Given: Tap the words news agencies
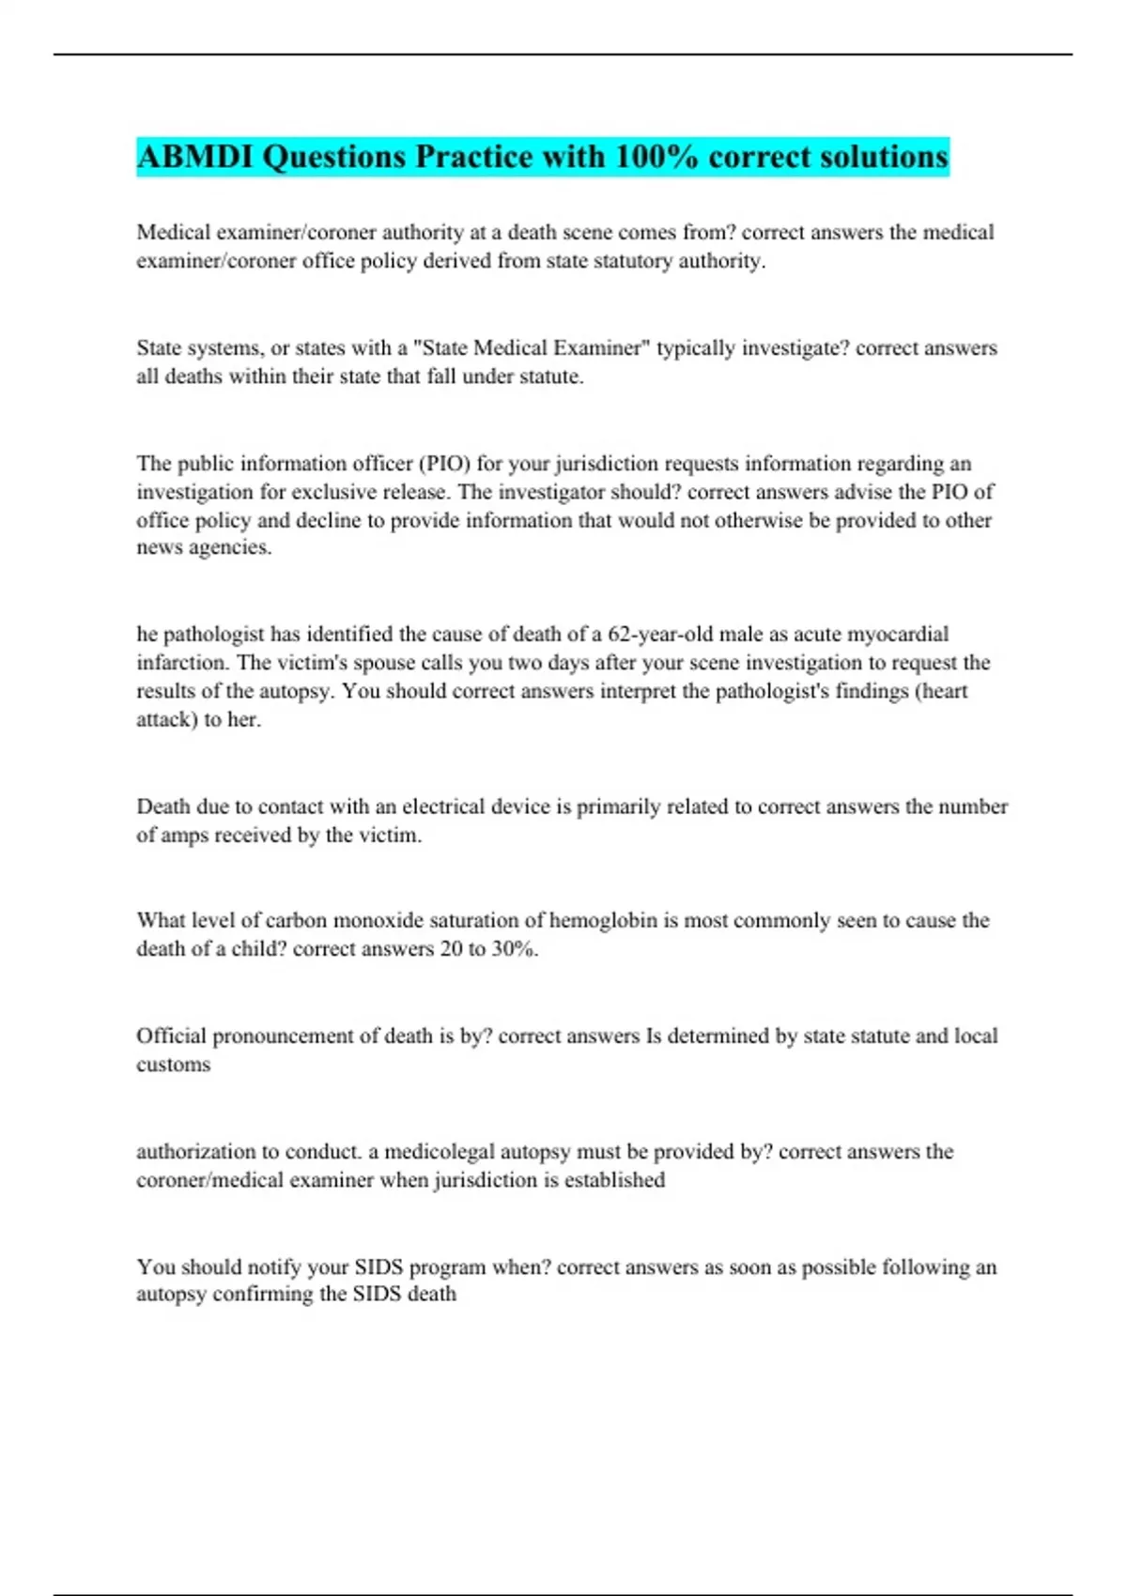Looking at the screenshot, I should (204, 547).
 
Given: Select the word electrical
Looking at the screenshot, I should (443, 806).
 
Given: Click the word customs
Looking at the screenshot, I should (173, 1065).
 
